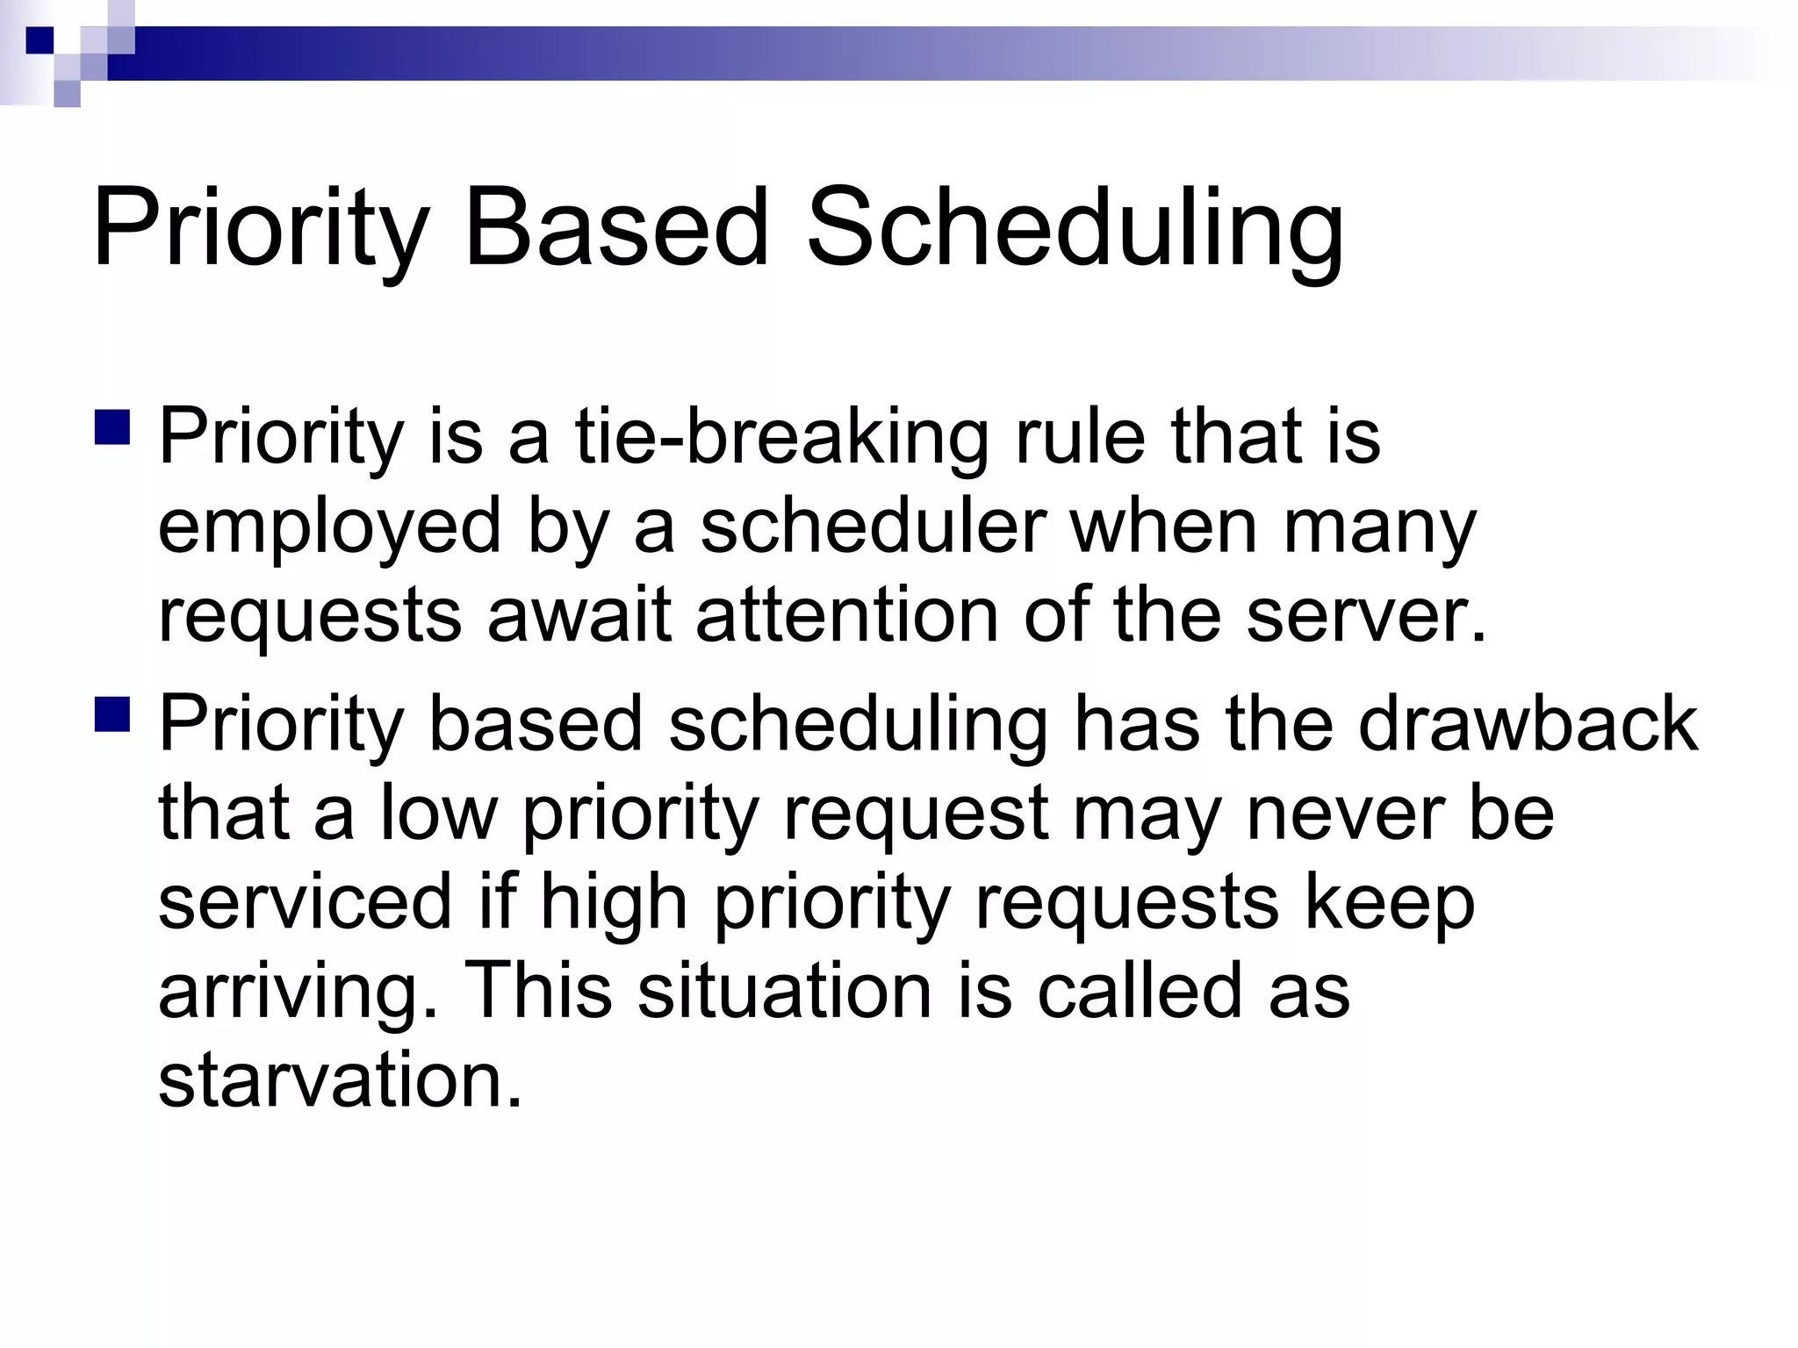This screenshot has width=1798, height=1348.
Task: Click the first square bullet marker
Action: click(x=112, y=427)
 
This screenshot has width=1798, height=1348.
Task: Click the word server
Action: click(x=1366, y=616)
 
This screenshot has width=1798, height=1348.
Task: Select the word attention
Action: click(x=846, y=616)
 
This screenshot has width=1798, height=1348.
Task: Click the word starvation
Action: click(x=339, y=1080)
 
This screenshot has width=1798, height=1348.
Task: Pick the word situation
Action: click(x=784, y=991)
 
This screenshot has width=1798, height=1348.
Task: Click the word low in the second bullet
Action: click(x=438, y=814)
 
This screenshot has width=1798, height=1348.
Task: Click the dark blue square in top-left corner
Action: click(x=40, y=40)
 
